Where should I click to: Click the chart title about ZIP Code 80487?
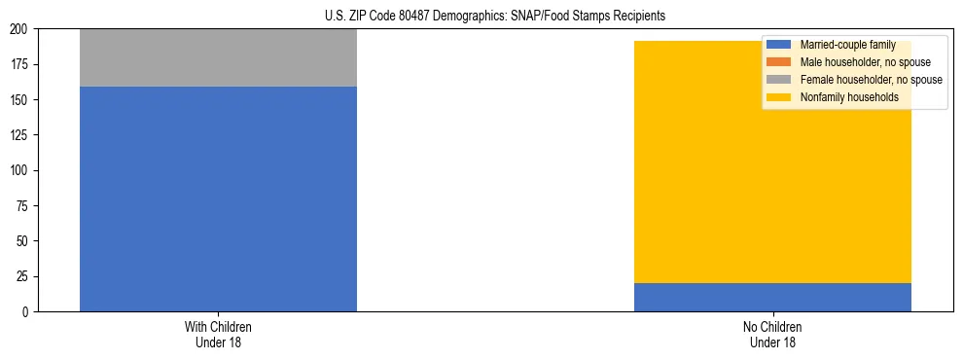click(x=495, y=17)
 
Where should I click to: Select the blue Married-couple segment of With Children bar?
click(x=218, y=198)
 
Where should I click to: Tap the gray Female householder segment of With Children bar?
click(x=218, y=57)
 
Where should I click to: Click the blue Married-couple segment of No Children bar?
click(x=772, y=297)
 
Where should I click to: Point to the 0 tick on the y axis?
click(x=26, y=311)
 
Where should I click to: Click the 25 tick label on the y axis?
click(x=23, y=276)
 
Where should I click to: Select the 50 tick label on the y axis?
click(x=23, y=241)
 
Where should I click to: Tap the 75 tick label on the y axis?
click(x=23, y=206)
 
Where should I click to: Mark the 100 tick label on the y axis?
click(x=20, y=170)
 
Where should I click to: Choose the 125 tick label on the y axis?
click(x=20, y=135)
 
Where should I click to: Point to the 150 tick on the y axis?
click(x=20, y=100)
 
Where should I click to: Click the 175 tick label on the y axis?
click(x=20, y=64)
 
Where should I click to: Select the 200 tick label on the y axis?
click(x=20, y=29)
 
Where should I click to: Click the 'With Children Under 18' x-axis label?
click(x=218, y=334)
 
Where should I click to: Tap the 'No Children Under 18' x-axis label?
click(x=772, y=334)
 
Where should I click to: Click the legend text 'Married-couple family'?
click(x=845, y=45)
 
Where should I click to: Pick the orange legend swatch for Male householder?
click(x=779, y=62)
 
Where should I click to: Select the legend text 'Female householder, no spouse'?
click(x=871, y=80)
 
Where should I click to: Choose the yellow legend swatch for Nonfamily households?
click(x=779, y=97)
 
